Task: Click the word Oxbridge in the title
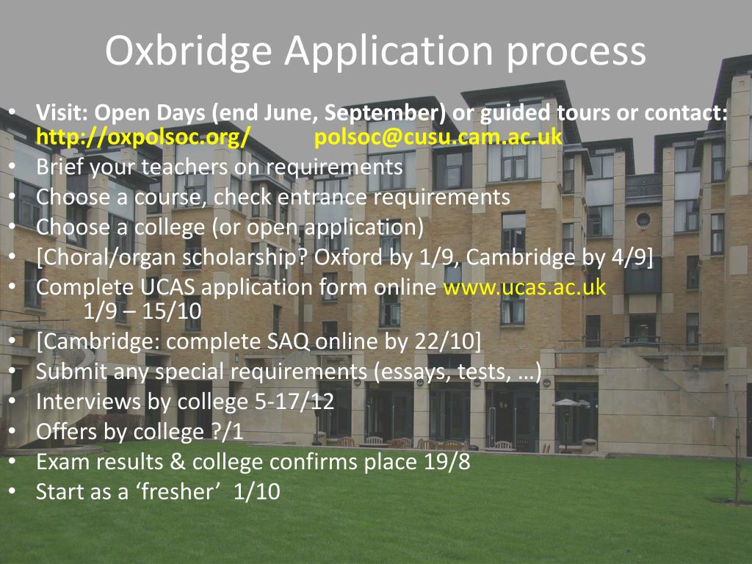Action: (188, 51)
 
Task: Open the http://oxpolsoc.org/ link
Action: (143, 137)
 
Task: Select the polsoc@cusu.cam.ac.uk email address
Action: (438, 137)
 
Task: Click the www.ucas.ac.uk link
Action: (525, 286)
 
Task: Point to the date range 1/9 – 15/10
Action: (142, 311)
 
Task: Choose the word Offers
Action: (68, 432)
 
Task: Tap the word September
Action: (385, 113)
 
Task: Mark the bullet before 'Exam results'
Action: (13, 461)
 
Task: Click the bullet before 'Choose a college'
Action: (13, 227)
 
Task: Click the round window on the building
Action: (643, 219)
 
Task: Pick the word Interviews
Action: (87, 402)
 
